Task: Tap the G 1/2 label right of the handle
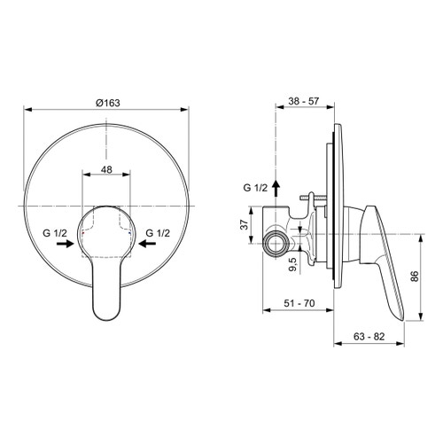pos(158,233)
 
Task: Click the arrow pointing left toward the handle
pos(146,248)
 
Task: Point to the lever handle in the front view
pos(105,284)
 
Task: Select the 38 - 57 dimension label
pos(305,103)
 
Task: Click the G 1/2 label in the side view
pos(255,189)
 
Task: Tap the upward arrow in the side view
pos(276,187)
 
